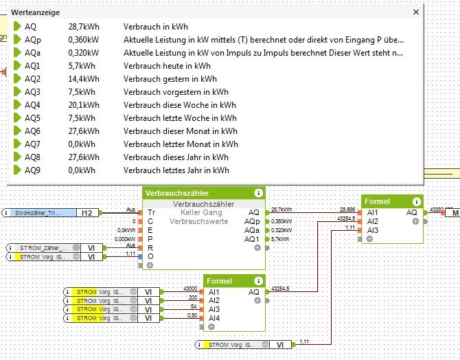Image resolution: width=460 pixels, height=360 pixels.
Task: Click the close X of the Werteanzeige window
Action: (x=415, y=12)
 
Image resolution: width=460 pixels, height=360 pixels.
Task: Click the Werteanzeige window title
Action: (x=36, y=12)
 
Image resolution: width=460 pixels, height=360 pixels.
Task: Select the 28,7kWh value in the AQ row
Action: (x=82, y=26)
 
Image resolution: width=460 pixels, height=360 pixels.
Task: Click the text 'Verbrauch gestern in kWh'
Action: (x=167, y=79)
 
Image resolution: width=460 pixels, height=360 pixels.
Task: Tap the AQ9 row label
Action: (x=32, y=170)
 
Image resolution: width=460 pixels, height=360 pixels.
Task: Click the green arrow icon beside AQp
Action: (x=18, y=39)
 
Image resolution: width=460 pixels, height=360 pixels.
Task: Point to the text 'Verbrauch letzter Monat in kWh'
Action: (x=181, y=144)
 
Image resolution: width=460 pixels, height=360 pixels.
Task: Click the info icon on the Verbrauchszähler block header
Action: (x=258, y=193)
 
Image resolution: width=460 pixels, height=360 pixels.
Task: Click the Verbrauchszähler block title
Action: (x=178, y=193)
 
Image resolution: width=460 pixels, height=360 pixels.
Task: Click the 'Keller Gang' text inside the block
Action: (x=203, y=213)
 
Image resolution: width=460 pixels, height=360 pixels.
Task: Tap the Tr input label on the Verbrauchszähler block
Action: (x=151, y=213)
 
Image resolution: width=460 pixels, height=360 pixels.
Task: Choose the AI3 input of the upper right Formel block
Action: (x=373, y=230)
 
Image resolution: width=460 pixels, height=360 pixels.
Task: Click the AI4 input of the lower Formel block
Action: (x=215, y=318)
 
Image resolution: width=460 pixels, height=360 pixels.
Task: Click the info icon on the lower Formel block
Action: (x=258, y=280)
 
